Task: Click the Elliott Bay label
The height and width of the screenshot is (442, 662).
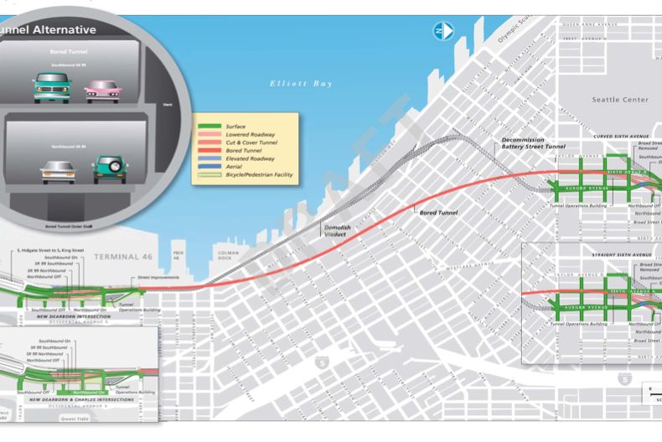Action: pyautogui.click(x=301, y=83)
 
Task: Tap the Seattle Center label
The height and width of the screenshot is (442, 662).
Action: pyautogui.click(x=619, y=100)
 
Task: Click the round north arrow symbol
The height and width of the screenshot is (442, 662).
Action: pyautogui.click(x=442, y=31)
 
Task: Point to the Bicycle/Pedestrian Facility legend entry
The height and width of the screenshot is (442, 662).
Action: pyautogui.click(x=260, y=174)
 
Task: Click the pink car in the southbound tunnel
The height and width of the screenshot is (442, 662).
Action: pyautogui.click(x=103, y=86)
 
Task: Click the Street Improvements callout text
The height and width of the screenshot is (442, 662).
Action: pyautogui.click(x=155, y=278)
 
